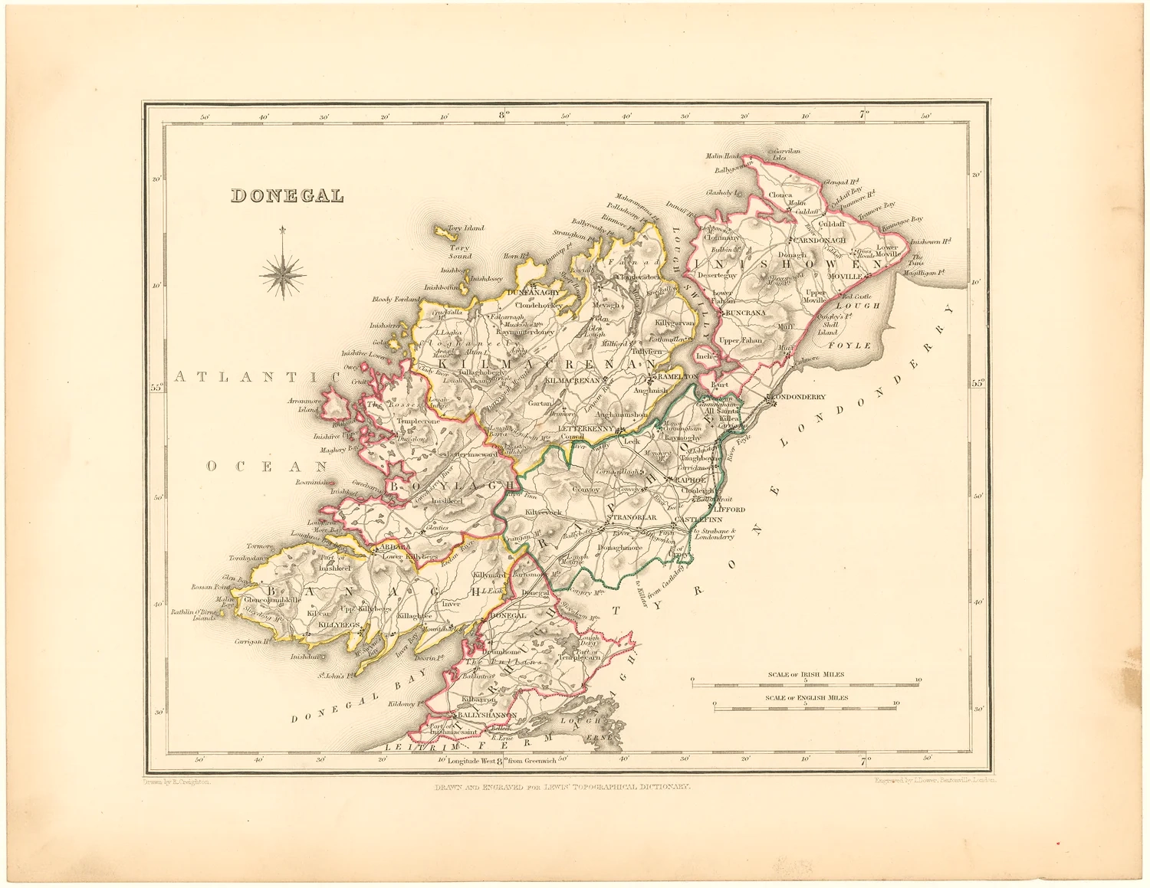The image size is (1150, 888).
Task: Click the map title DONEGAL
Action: pos(287,196)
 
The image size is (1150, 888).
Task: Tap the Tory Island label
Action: pos(465,228)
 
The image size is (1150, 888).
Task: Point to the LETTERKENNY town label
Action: pos(586,428)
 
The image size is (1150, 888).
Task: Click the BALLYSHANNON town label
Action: pos(487,714)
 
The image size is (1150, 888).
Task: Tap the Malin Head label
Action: pos(722,156)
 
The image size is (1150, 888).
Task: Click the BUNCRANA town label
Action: pos(745,313)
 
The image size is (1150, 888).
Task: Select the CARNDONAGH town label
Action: pos(820,240)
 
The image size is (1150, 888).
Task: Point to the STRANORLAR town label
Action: pos(632,518)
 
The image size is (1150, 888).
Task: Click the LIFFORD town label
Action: pos(729,509)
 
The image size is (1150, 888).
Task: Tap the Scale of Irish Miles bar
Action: pos(805,682)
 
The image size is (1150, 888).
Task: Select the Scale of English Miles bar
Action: pos(805,706)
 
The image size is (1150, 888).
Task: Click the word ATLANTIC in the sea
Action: pos(257,376)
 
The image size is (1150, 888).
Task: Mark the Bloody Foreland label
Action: pos(396,300)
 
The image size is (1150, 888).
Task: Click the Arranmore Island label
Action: pos(303,405)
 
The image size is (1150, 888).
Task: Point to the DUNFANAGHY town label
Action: pos(533,293)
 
